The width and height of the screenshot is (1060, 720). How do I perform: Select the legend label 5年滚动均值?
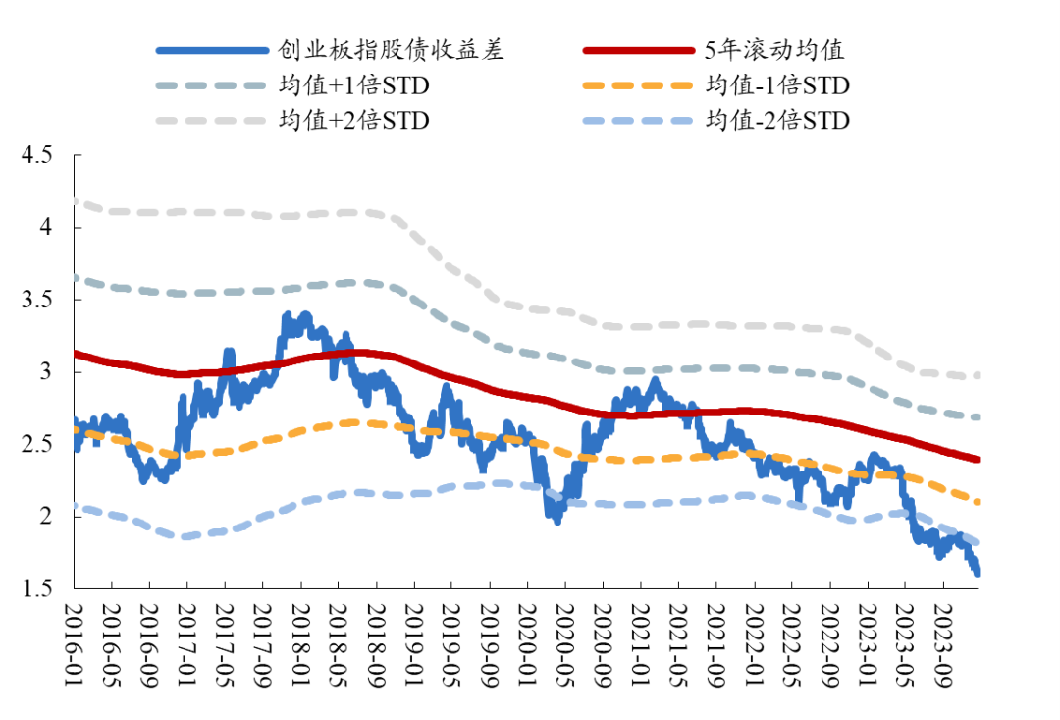pyautogui.click(x=775, y=50)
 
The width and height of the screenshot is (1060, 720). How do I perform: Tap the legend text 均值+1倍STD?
pyautogui.click(x=354, y=85)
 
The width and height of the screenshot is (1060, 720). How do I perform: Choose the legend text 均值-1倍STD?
pyautogui.click(x=777, y=85)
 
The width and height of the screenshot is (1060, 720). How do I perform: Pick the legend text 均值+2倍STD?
pyautogui.click(x=354, y=121)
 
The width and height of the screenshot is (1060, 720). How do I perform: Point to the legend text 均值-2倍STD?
pyautogui.click(x=777, y=121)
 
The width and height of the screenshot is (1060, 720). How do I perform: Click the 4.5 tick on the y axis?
pyautogui.click(x=42, y=155)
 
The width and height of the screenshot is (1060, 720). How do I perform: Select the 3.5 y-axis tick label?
pyautogui.click(x=42, y=300)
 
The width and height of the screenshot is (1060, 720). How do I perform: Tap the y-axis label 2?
pyautogui.click(x=52, y=516)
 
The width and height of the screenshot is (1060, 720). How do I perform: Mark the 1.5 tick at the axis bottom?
pyautogui.click(x=42, y=588)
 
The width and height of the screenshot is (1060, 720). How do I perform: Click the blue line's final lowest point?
pyautogui.click(x=978, y=573)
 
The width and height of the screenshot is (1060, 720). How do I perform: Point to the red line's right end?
pyautogui.click(x=978, y=459)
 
